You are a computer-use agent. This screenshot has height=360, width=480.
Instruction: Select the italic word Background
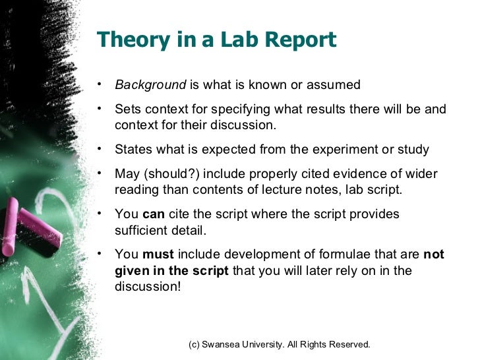pyautogui.click(x=150, y=84)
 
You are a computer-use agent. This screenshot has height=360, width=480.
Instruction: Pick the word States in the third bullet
pyautogui.click(x=132, y=150)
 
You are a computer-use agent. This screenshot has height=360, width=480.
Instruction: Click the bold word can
pyautogui.click(x=154, y=214)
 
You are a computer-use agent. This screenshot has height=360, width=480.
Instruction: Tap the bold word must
pyautogui.click(x=158, y=255)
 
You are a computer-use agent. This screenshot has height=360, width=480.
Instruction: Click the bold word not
pyautogui.click(x=433, y=255)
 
